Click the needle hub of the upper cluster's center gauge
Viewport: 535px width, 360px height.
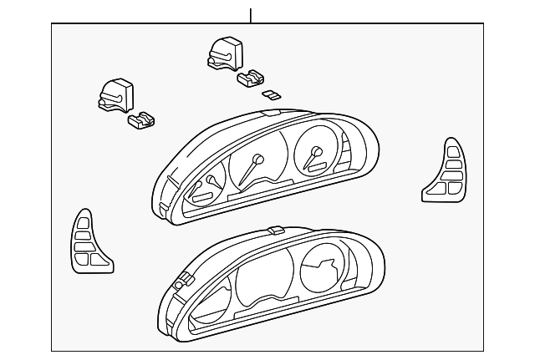258,158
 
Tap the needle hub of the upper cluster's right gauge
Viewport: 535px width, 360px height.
316,151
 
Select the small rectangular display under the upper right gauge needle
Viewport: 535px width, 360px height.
317,168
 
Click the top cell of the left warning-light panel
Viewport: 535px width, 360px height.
84,221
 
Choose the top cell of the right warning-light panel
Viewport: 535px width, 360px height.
451,152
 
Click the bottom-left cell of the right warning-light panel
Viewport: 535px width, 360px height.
440,189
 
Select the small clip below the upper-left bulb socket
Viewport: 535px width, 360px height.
141,121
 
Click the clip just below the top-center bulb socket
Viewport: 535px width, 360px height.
249,79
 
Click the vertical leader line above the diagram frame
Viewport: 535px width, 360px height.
250,15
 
